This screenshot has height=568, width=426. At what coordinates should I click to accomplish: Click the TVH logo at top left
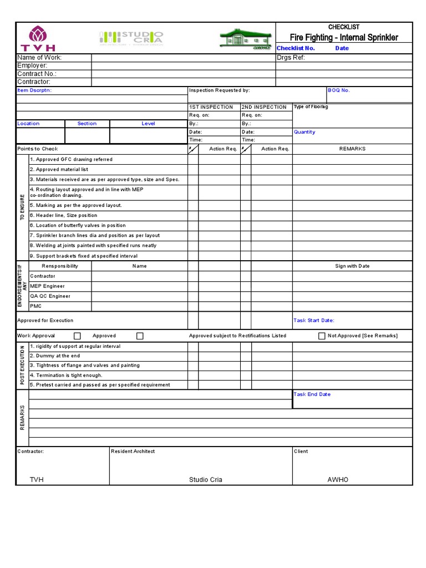pos(38,38)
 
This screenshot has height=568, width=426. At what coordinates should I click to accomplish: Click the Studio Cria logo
pos(131,38)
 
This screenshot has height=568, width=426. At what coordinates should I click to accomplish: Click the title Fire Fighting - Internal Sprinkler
pos(344,38)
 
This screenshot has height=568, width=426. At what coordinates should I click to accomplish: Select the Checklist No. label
pos(296,48)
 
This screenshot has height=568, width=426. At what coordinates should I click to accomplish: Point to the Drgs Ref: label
pos(291,57)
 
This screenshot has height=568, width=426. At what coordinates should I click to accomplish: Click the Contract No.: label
pos(37,74)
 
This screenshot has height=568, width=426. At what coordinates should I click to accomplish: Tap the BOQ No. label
pos(339,90)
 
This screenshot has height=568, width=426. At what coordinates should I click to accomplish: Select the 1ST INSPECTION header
pos(211,107)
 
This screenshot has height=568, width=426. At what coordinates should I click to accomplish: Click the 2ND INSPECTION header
pos(264,107)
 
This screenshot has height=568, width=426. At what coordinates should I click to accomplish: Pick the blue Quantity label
pos(305,132)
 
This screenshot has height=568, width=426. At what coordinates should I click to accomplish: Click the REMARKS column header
pos(352,149)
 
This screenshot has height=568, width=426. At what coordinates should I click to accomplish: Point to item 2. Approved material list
pos(59,170)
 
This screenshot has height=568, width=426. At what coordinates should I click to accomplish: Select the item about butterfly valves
pos(78,225)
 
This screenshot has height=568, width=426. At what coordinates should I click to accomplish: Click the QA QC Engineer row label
pos(50,296)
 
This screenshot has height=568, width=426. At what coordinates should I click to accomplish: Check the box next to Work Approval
pos(78,336)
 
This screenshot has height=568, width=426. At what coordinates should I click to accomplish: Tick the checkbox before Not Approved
pos(322,336)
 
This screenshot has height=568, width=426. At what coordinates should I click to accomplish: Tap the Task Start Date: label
pos(314,320)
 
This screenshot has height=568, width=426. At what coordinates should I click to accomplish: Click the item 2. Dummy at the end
pos(55,356)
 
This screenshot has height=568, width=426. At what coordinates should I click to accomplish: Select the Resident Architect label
pos(133,452)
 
